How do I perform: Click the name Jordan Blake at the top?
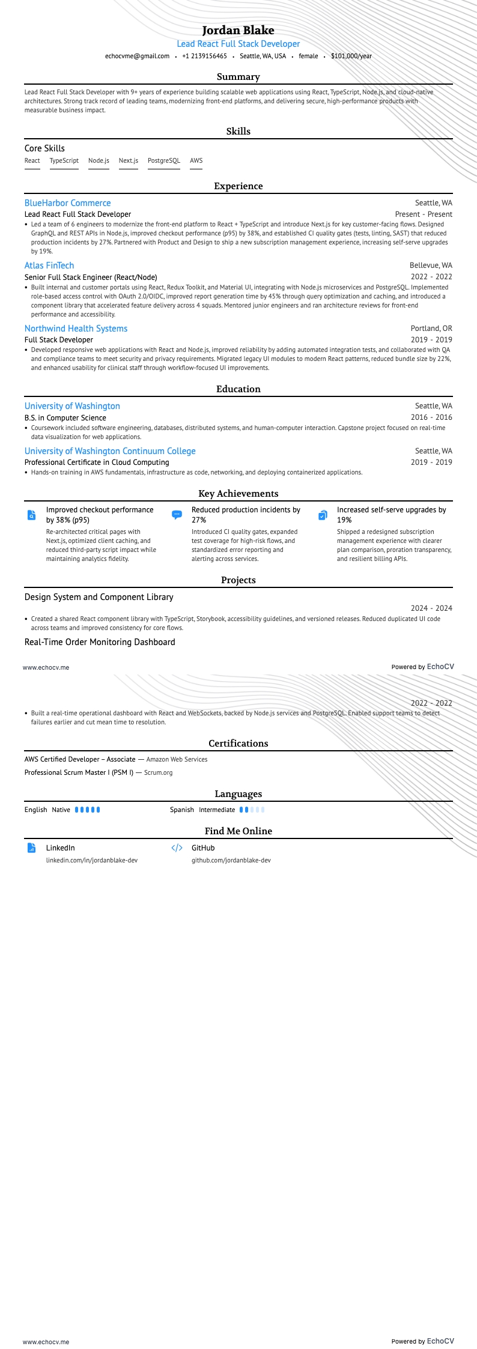(238, 30)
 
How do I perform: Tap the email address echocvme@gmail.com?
(137, 56)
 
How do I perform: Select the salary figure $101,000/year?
(351, 56)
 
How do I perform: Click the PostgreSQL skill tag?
(163, 160)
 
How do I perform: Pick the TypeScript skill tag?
(64, 160)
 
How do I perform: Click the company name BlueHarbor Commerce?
(67, 203)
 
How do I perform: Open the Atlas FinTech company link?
(49, 265)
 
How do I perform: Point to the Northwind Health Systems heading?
(76, 329)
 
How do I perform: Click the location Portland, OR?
(431, 329)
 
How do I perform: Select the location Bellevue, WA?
(431, 265)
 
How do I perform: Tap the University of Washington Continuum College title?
(110, 451)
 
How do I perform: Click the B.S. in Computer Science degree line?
(65, 417)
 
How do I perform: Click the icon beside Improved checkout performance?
(31, 515)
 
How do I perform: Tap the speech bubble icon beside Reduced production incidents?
(177, 515)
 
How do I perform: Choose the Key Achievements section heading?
(238, 494)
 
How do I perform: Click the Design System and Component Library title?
(99, 597)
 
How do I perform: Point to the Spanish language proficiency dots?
(252, 810)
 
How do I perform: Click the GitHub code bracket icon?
(177, 848)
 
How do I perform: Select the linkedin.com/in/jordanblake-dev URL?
(92, 860)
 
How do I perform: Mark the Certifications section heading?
(238, 744)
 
